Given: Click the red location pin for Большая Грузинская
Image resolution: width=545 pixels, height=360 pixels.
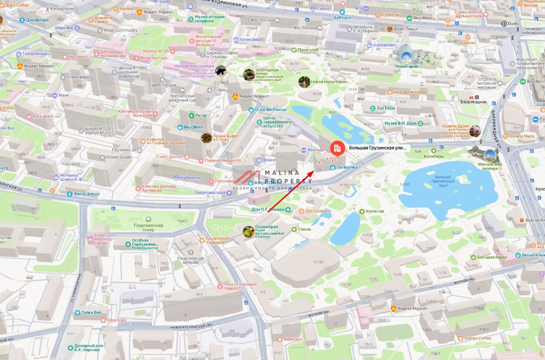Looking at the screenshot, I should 336,148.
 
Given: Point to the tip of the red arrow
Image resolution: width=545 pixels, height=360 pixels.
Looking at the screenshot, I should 313,171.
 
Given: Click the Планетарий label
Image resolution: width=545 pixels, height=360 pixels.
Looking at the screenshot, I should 406,66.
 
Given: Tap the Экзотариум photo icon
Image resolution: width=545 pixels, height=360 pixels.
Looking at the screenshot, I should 249,75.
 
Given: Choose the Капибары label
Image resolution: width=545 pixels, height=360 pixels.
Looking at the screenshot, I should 434,156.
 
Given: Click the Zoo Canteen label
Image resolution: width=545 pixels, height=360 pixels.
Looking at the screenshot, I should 317,211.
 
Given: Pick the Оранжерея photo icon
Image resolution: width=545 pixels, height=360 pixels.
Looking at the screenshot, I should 248,232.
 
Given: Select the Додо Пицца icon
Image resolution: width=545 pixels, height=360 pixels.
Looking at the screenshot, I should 390,29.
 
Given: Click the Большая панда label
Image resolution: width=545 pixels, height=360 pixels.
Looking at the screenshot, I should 492,257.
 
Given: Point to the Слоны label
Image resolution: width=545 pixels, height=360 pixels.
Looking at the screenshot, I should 304,229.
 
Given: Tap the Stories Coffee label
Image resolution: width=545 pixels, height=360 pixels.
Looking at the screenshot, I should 477,338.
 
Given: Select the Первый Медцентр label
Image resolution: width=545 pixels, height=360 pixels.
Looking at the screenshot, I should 223,160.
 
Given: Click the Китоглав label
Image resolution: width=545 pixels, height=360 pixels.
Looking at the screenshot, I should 375,211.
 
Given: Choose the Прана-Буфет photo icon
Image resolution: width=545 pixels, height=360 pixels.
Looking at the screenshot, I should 207,138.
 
